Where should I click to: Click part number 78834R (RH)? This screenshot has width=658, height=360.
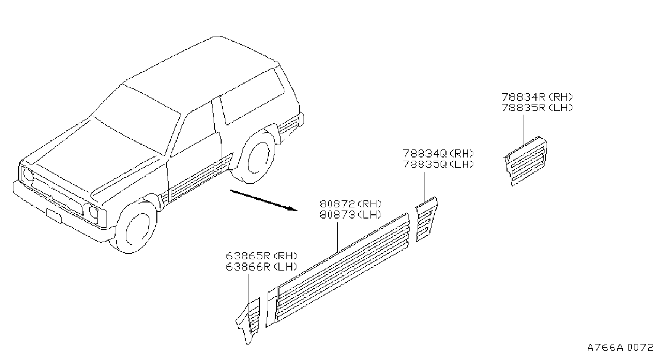(x=538, y=97)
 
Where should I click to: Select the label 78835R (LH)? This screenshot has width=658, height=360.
(x=538, y=108)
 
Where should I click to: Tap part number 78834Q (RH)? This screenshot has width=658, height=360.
(x=438, y=153)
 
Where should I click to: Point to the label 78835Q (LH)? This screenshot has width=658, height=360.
(x=438, y=164)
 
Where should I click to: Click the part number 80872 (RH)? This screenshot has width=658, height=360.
(x=351, y=204)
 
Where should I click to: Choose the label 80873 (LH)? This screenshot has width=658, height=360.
(x=351, y=215)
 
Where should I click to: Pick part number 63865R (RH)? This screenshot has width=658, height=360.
(x=262, y=256)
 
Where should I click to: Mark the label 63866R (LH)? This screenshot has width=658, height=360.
(x=262, y=267)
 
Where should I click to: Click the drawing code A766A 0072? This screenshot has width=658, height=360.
(x=621, y=347)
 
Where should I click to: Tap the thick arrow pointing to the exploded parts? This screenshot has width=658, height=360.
(x=264, y=200)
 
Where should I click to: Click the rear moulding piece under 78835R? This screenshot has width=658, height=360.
(x=526, y=161)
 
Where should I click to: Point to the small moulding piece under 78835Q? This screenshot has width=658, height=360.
(x=426, y=219)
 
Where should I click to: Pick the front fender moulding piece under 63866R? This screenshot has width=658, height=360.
(x=248, y=321)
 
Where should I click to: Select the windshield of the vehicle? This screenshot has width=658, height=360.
(x=137, y=121)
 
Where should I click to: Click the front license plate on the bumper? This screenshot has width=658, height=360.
(x=54, y=215)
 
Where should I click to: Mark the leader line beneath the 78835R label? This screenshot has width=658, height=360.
(x=524, y=130)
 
